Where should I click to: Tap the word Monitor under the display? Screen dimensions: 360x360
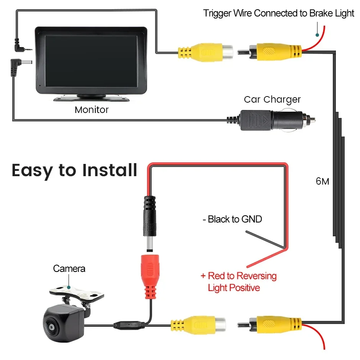coord(92,110)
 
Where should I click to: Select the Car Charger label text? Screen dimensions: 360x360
coord(272,100)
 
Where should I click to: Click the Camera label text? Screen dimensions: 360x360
coord(69,268)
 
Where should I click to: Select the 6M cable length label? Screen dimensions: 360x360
coord(322,181)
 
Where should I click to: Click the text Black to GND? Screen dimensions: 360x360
coord(232,219)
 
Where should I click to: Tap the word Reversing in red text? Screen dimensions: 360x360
coord(256,276)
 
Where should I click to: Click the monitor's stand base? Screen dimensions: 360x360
coord(92,98)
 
